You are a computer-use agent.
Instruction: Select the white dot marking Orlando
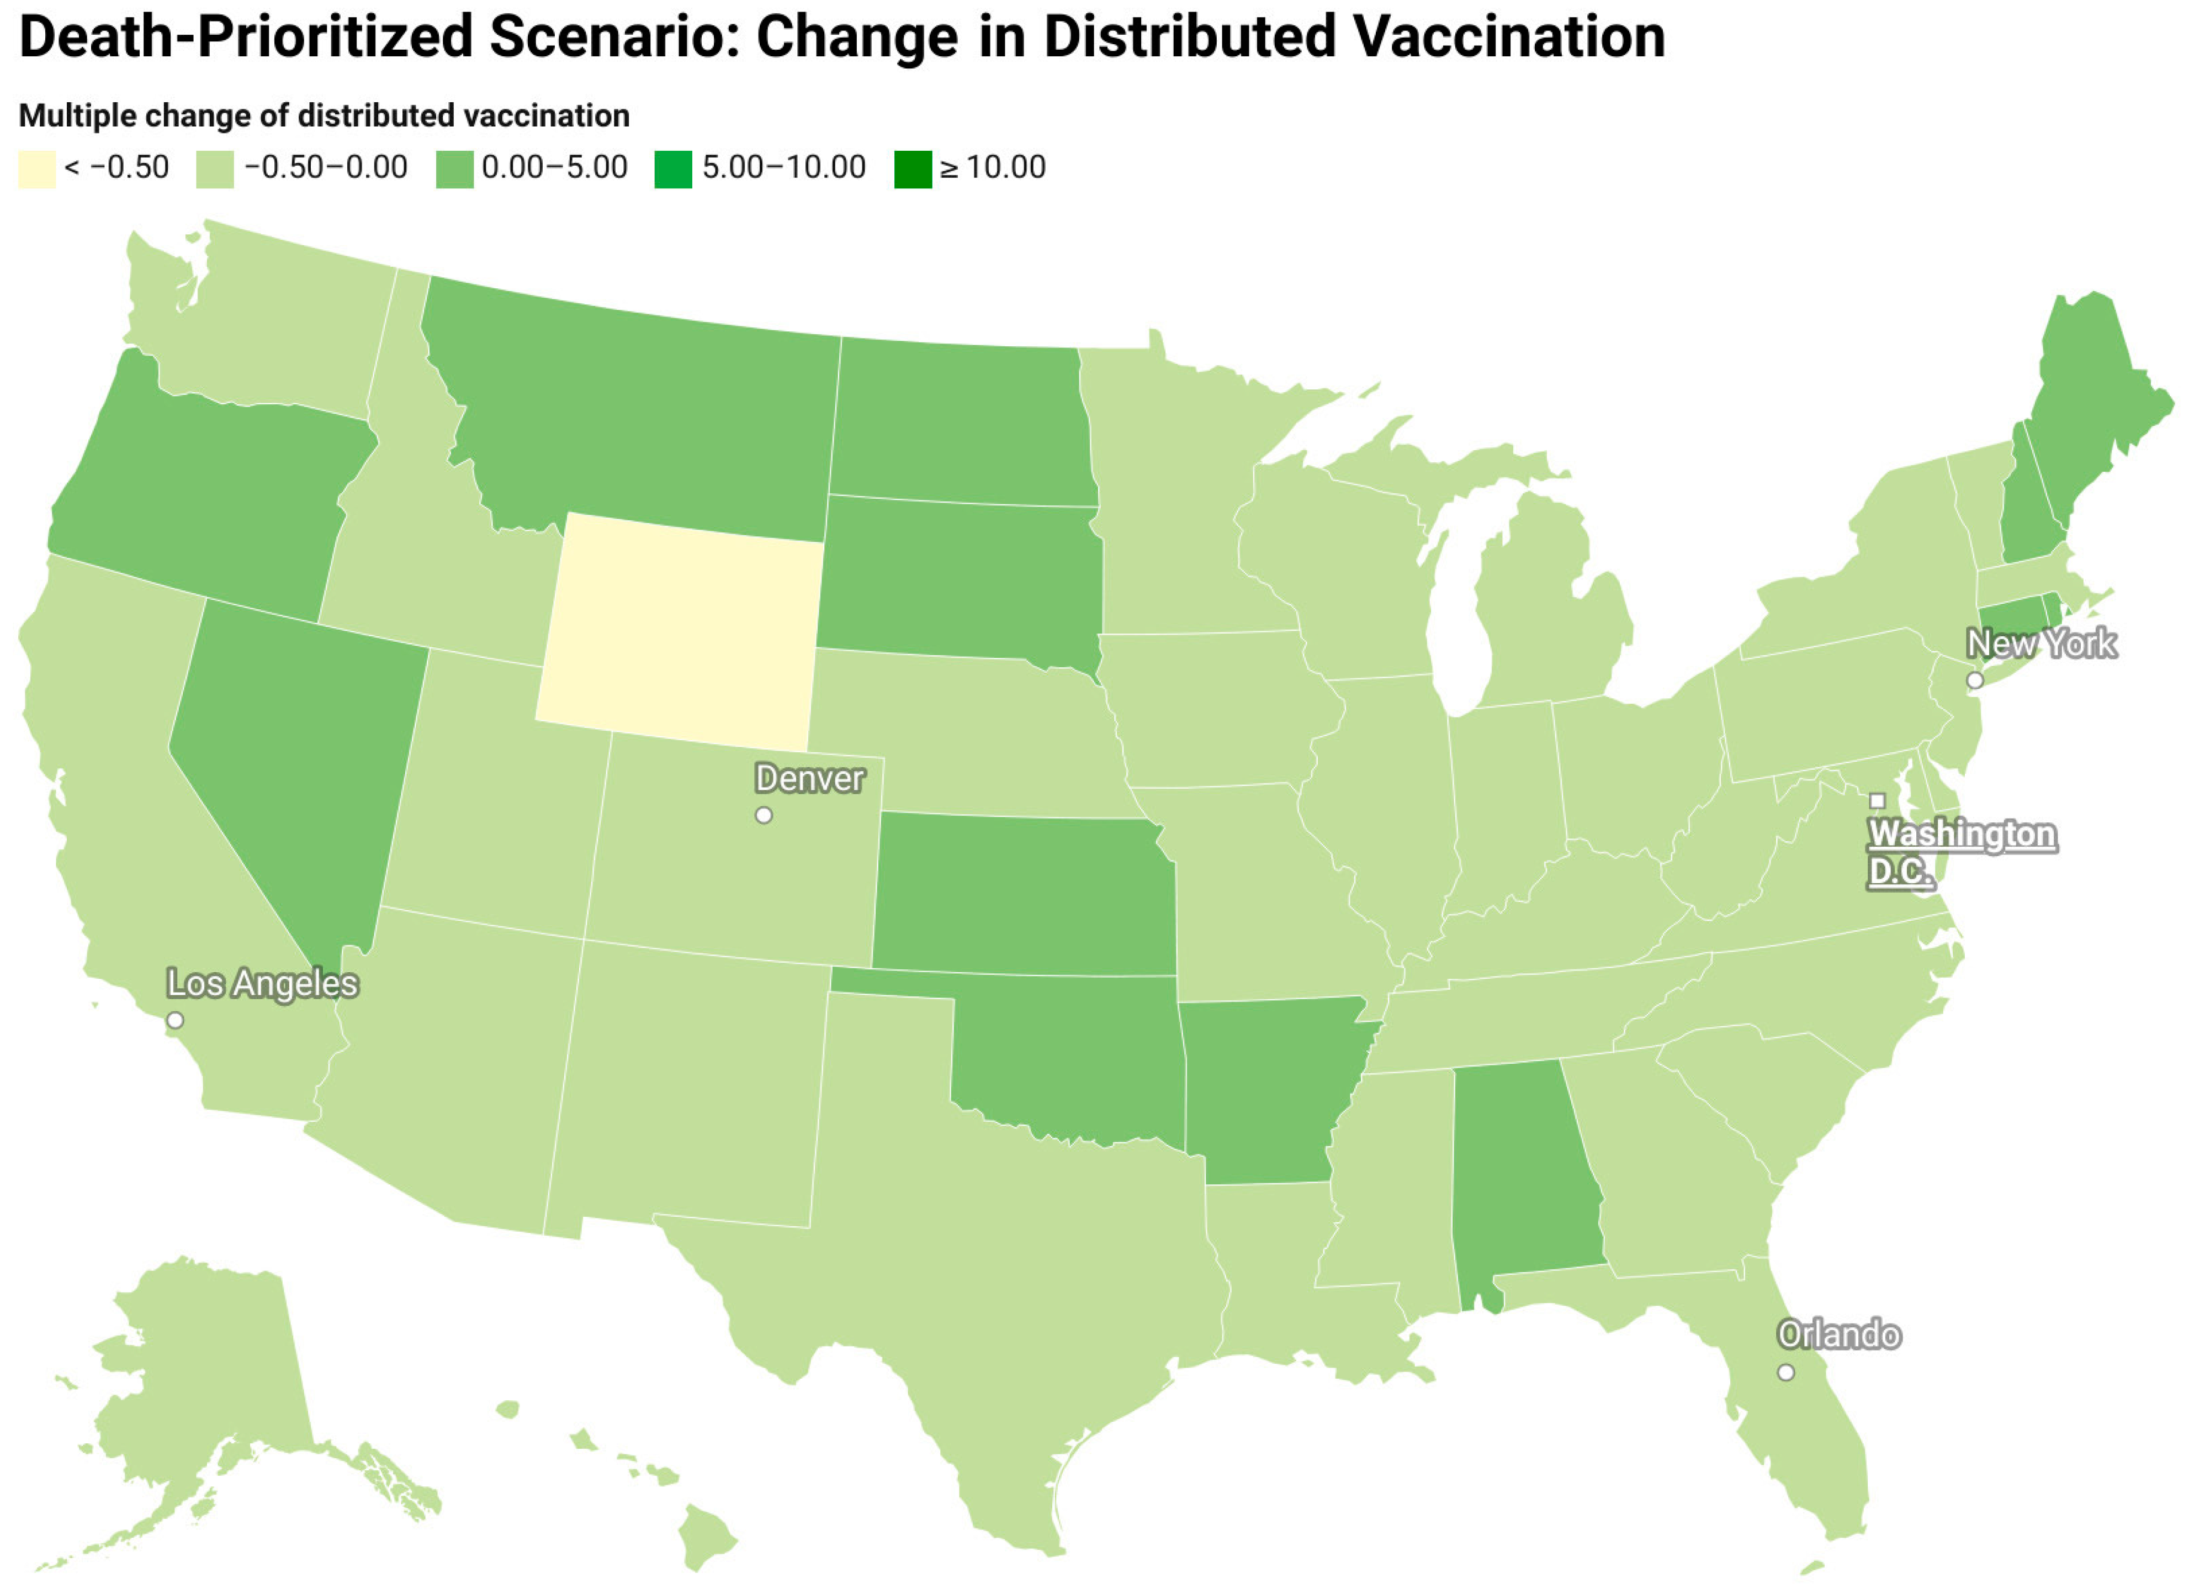(1785, 1372)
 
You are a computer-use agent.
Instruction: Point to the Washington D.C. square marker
(1877, 800)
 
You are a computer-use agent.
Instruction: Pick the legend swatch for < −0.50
(36, 169)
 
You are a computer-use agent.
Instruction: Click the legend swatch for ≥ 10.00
(912, 169)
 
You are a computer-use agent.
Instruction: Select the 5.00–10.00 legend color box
(673, 169)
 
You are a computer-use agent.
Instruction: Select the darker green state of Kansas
(1023, 893)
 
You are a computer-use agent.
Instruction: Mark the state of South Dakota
(960, 579)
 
